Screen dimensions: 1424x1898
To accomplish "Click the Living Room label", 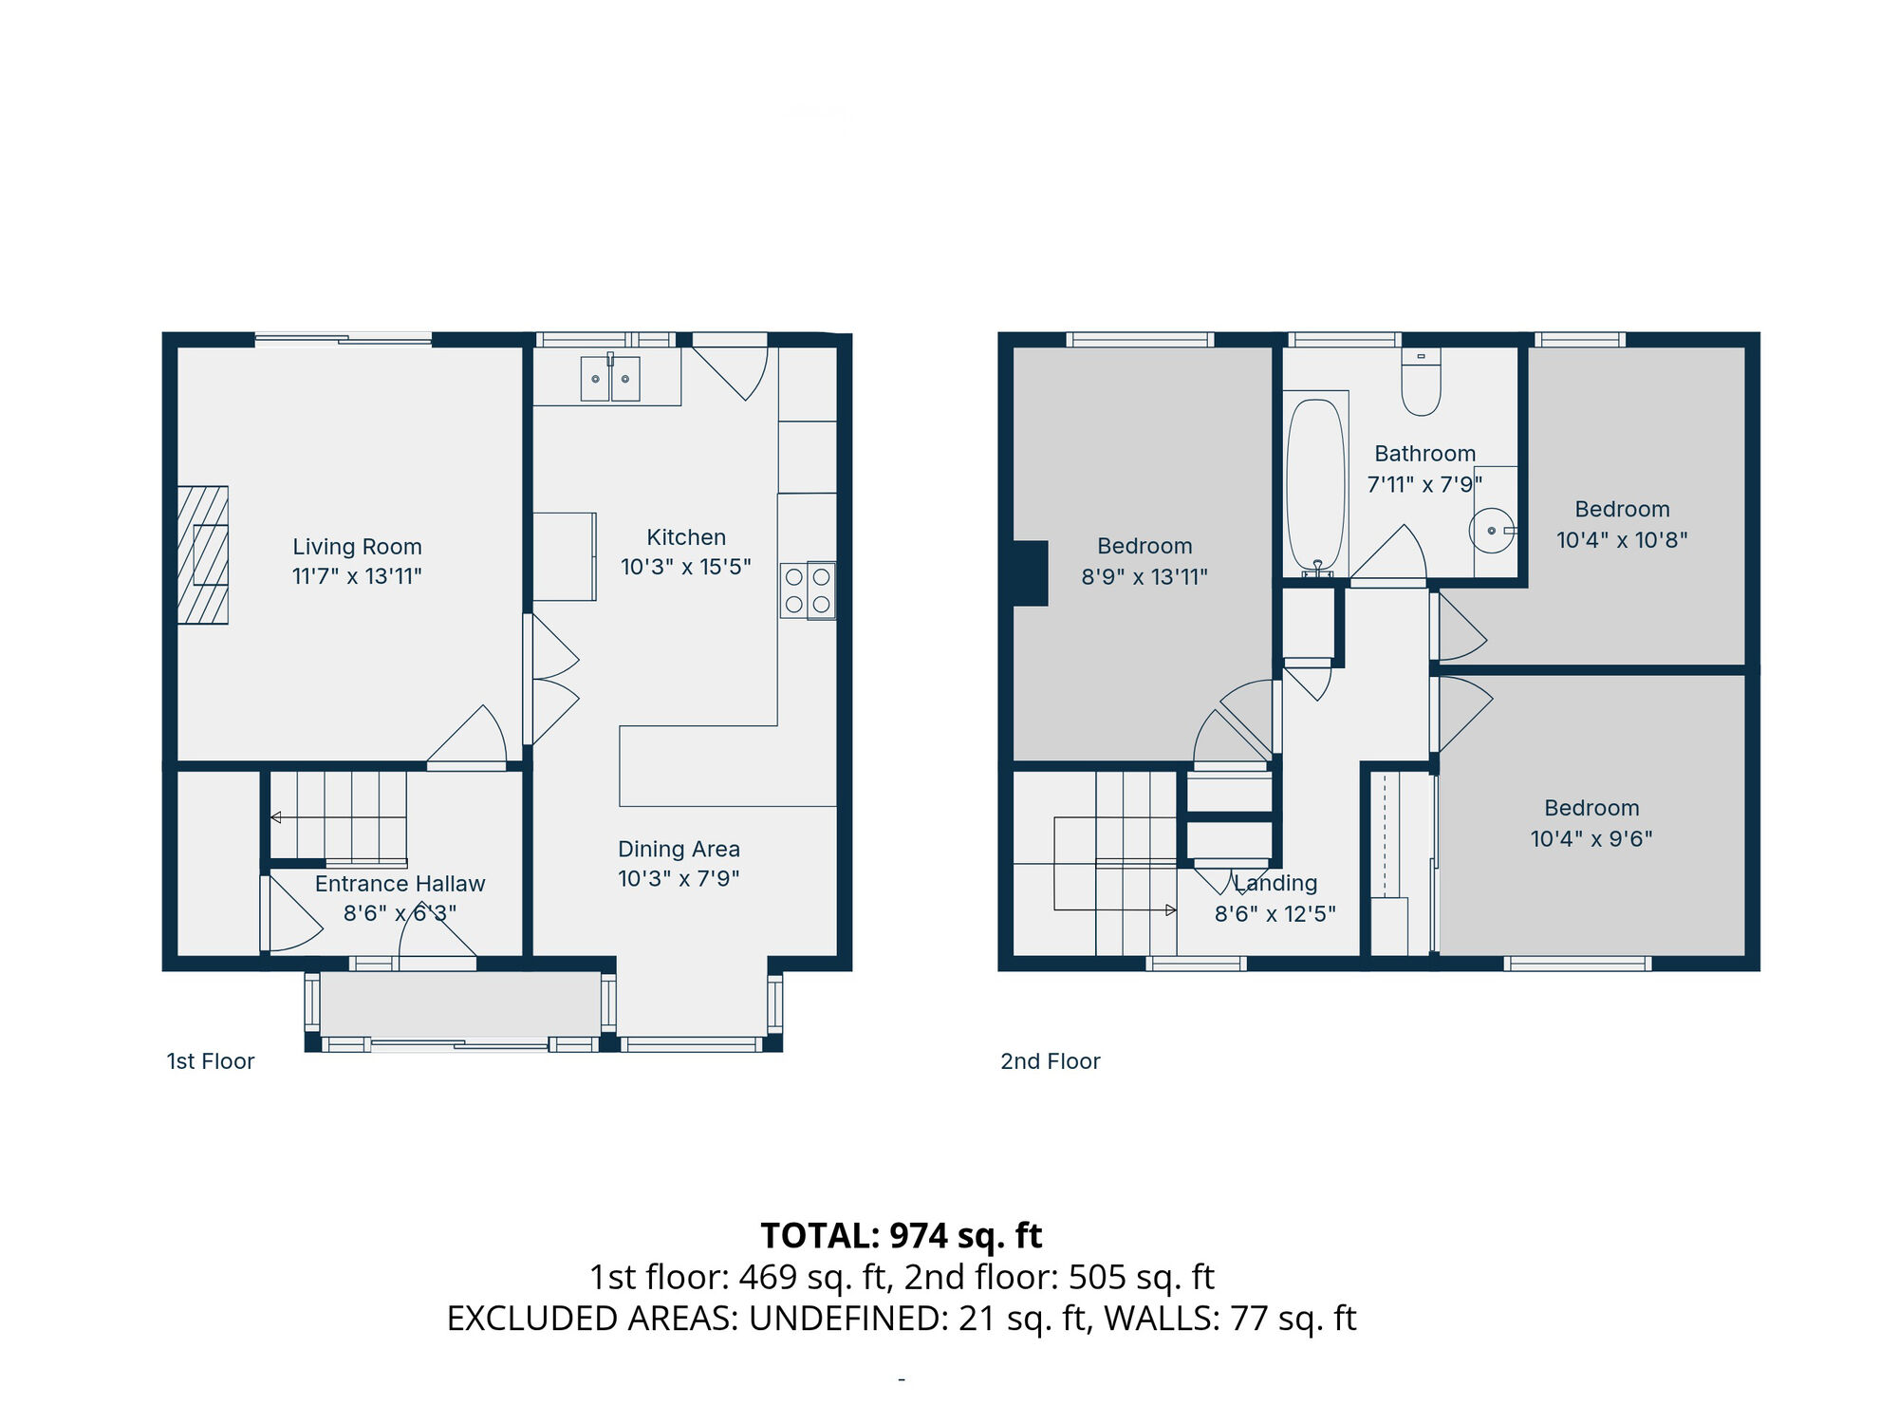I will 357,547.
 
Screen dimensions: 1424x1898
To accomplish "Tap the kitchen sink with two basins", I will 609,378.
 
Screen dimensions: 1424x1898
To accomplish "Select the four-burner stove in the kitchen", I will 808,590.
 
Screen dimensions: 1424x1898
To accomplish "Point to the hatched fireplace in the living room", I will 203,554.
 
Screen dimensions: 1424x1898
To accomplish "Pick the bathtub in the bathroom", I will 1315,484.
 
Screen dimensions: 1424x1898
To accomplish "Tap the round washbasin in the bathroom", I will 1491,531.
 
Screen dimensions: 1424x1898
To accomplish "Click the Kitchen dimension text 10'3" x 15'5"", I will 685,567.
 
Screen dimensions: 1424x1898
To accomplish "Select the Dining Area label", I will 679,849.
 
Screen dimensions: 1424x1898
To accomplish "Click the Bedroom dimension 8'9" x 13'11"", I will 1144,576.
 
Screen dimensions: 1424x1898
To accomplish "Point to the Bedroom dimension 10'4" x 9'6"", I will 1591,838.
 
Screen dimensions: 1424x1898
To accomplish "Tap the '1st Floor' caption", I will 211,1061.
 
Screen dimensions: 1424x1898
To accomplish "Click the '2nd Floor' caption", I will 1050,1061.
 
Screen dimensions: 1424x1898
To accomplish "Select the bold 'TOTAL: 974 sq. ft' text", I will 901,1235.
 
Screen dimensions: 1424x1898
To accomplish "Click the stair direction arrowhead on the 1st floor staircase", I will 276,817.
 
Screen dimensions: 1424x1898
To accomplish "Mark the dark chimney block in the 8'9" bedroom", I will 1031,572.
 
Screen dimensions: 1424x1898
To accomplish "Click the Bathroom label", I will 1424,454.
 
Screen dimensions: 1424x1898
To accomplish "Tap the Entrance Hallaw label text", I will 400,884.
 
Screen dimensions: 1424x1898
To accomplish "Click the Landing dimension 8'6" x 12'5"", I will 1275,913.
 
